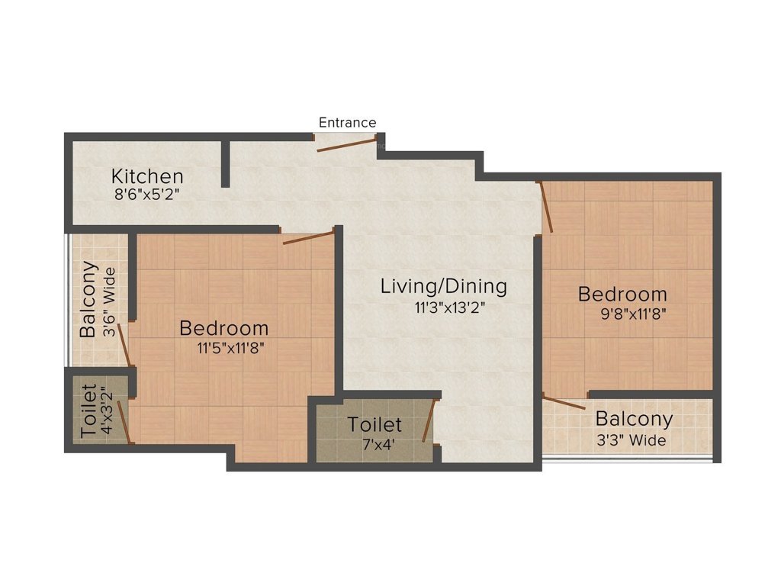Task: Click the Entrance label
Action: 347,122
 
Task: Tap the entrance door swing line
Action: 346,145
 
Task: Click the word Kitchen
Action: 147,176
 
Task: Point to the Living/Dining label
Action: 443,287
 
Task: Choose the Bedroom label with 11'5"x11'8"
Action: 224,328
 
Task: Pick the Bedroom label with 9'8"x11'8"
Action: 622,294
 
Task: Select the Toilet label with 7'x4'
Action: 374,424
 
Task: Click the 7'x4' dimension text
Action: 374,443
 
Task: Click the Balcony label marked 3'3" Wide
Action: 634,419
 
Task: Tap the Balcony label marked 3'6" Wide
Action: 89,300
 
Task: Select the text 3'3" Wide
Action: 631,440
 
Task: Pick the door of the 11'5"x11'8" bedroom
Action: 308,237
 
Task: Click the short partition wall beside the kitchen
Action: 226,163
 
